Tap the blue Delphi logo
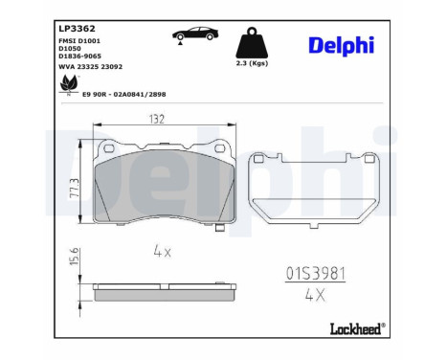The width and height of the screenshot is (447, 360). [x=342, y=45]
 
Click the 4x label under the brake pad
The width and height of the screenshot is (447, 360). [x=161, y=251]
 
